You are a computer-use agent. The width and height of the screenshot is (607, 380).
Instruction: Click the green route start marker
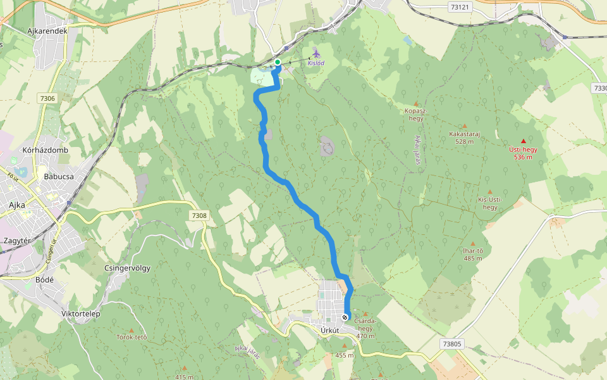click(x=277, y=62)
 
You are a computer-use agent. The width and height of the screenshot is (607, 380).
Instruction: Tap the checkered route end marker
click(x=345, y=317)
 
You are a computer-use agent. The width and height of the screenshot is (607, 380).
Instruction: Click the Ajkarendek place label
click(x=47, y=30)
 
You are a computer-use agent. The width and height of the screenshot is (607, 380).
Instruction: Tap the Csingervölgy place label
click(x=126, y=268)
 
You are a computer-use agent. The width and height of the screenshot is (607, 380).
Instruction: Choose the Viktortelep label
click(x=81, y=313)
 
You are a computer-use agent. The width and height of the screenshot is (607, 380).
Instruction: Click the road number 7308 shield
click(x=199, y=216)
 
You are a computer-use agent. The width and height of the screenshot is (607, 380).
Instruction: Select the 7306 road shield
click(x=47, y=98)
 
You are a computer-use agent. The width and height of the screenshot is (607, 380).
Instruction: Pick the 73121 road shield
click(x=460, y=8)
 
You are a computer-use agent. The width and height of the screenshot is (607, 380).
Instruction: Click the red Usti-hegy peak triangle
click(x=523, y=141)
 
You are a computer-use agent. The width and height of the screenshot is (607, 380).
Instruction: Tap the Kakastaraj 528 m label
click(x=465, y=137)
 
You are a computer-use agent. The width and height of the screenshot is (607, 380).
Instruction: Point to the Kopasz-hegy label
click(x=415, y=115)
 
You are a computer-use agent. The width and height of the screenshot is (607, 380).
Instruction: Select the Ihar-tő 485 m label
click(x=473, y=254)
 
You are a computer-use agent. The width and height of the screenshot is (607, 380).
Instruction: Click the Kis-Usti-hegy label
click(x=490, y=203)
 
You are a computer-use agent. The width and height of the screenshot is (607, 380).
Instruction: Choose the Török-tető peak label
click(x=132, y=337)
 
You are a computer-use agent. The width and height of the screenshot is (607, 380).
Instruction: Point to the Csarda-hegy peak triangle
click(x=365, y=313)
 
